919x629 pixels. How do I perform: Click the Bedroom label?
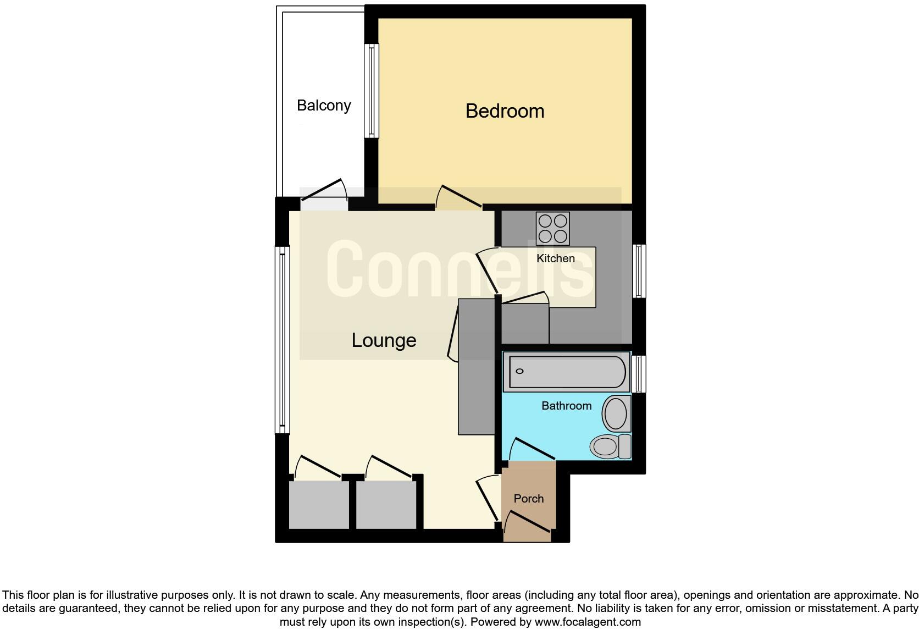tap(505, 111)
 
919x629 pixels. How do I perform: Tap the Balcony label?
tap(324, 105)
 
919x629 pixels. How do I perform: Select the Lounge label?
tap(384, 340)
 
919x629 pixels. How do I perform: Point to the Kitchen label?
tap(555, 258)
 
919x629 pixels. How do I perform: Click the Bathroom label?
tap(566, 406)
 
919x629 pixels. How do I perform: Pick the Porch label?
tap(528, 499)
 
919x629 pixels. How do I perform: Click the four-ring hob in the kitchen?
tap(552, 229)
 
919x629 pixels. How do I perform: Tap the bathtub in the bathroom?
tap(567, 372)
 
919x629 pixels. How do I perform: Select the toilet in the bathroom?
tap(610, 445)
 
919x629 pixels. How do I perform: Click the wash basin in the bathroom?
tap(616, 413)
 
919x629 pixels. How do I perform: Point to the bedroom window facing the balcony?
tap(372, 91)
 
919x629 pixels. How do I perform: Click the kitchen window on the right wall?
tap(639, 271)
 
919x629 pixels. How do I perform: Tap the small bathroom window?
tap(638, 374)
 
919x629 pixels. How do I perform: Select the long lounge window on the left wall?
tap(282, 339)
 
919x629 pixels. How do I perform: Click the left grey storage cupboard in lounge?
tap(319, 505)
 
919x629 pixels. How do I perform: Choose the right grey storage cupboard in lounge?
tap(386, 505)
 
